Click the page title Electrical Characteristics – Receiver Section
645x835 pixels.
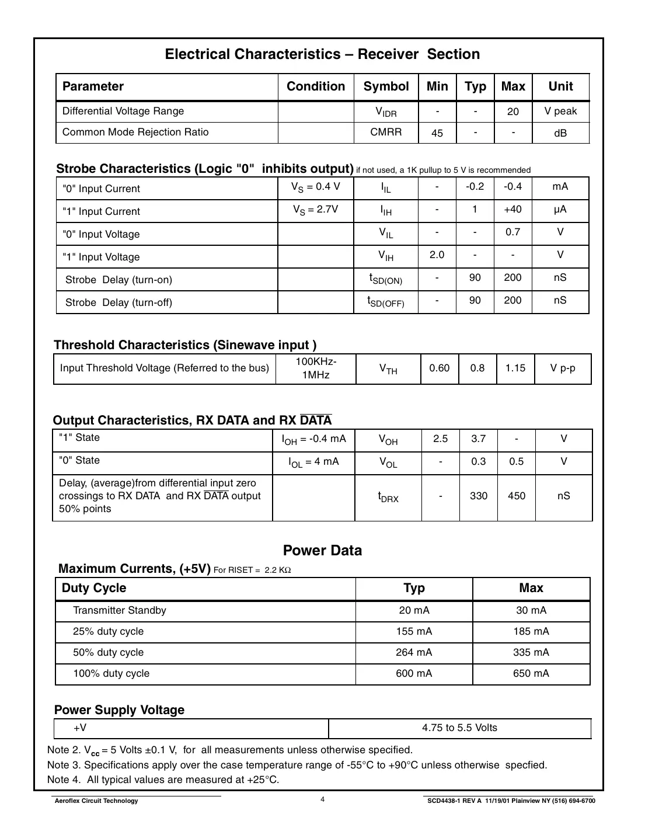322,54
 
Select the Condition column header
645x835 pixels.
315,86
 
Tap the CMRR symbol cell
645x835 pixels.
386,132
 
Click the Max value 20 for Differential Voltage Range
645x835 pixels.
512,112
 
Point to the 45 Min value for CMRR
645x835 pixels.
437,133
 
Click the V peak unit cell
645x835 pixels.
560,111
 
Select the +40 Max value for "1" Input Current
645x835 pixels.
512,209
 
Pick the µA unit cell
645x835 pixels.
560,209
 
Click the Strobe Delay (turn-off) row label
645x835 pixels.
118,302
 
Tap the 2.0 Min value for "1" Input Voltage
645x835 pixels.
437,255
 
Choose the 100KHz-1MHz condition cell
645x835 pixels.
315,368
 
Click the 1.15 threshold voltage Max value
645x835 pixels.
515,368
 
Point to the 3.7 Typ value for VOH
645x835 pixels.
478,439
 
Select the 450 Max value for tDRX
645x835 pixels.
516,496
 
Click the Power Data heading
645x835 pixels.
322,551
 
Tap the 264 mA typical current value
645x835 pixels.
414,652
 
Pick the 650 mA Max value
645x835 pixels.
531,673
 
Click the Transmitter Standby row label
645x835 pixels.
119,610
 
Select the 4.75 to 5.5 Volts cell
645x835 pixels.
459,728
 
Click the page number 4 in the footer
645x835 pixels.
322,799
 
